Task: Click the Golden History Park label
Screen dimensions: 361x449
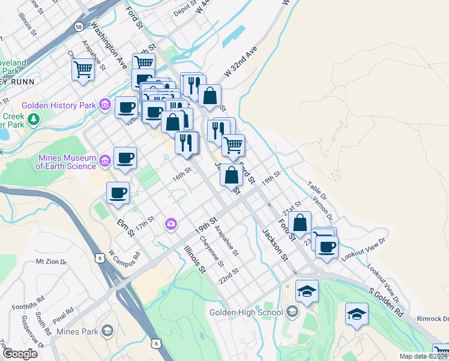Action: tap(59, 105)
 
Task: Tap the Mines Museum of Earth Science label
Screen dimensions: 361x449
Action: tap(67, 162)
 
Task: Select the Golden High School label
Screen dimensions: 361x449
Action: tap(246, 312)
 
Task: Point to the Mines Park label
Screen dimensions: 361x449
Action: tap(76, 331)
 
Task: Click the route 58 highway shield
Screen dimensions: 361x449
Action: tap(79, 26)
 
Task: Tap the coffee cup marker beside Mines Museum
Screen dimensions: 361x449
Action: tap(125, 158)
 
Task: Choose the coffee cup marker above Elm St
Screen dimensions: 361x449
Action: tap(118, 193)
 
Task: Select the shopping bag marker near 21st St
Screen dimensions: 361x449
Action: tap(300, 222)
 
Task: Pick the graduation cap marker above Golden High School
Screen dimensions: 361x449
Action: tap(307, 291)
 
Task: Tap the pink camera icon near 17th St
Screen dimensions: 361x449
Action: tap(172, 224)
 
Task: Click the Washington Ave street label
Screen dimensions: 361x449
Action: tap(109, 45)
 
